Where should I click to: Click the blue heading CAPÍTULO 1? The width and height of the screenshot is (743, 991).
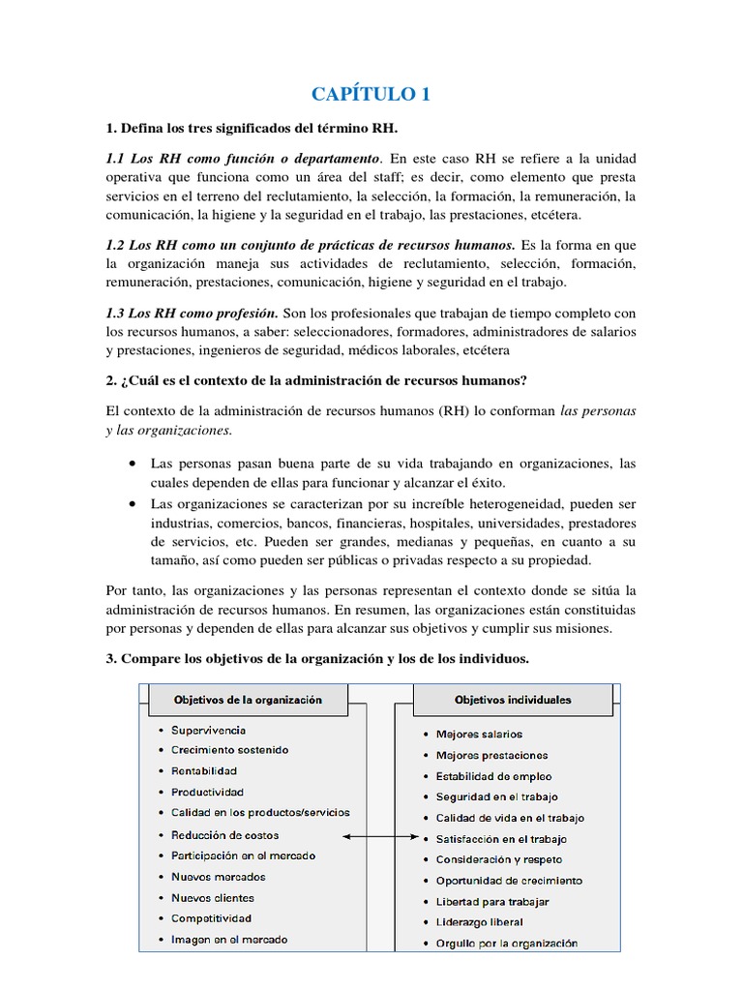coord(371,94)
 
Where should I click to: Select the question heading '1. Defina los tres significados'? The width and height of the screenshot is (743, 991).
coord(252,129)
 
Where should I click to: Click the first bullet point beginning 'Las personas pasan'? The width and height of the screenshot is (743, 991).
coord(393,464)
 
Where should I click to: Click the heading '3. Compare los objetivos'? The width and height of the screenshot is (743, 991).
coord(317,658)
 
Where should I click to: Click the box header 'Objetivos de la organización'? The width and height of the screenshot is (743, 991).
coord(247,699)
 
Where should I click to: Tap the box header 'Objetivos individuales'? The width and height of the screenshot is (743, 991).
coord(513,700)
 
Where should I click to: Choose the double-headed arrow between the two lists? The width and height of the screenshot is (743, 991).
coord(379,835)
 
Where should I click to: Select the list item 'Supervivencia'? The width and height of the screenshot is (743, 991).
coord(208,730)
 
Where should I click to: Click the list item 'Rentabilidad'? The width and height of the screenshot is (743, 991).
coord(204,771)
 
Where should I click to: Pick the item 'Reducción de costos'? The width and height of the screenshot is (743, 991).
coord(224,834)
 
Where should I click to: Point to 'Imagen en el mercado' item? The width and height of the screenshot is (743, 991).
coord(229,939)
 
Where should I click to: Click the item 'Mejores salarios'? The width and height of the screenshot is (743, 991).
coord(479,735)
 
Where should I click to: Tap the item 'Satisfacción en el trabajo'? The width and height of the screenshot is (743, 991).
coord(501,839)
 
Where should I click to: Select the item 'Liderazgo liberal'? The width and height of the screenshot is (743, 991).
coord(479,922)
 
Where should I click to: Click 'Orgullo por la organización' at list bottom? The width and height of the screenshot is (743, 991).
coord(506,943)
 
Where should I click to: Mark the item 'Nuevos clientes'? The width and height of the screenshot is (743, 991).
coord(212,897)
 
